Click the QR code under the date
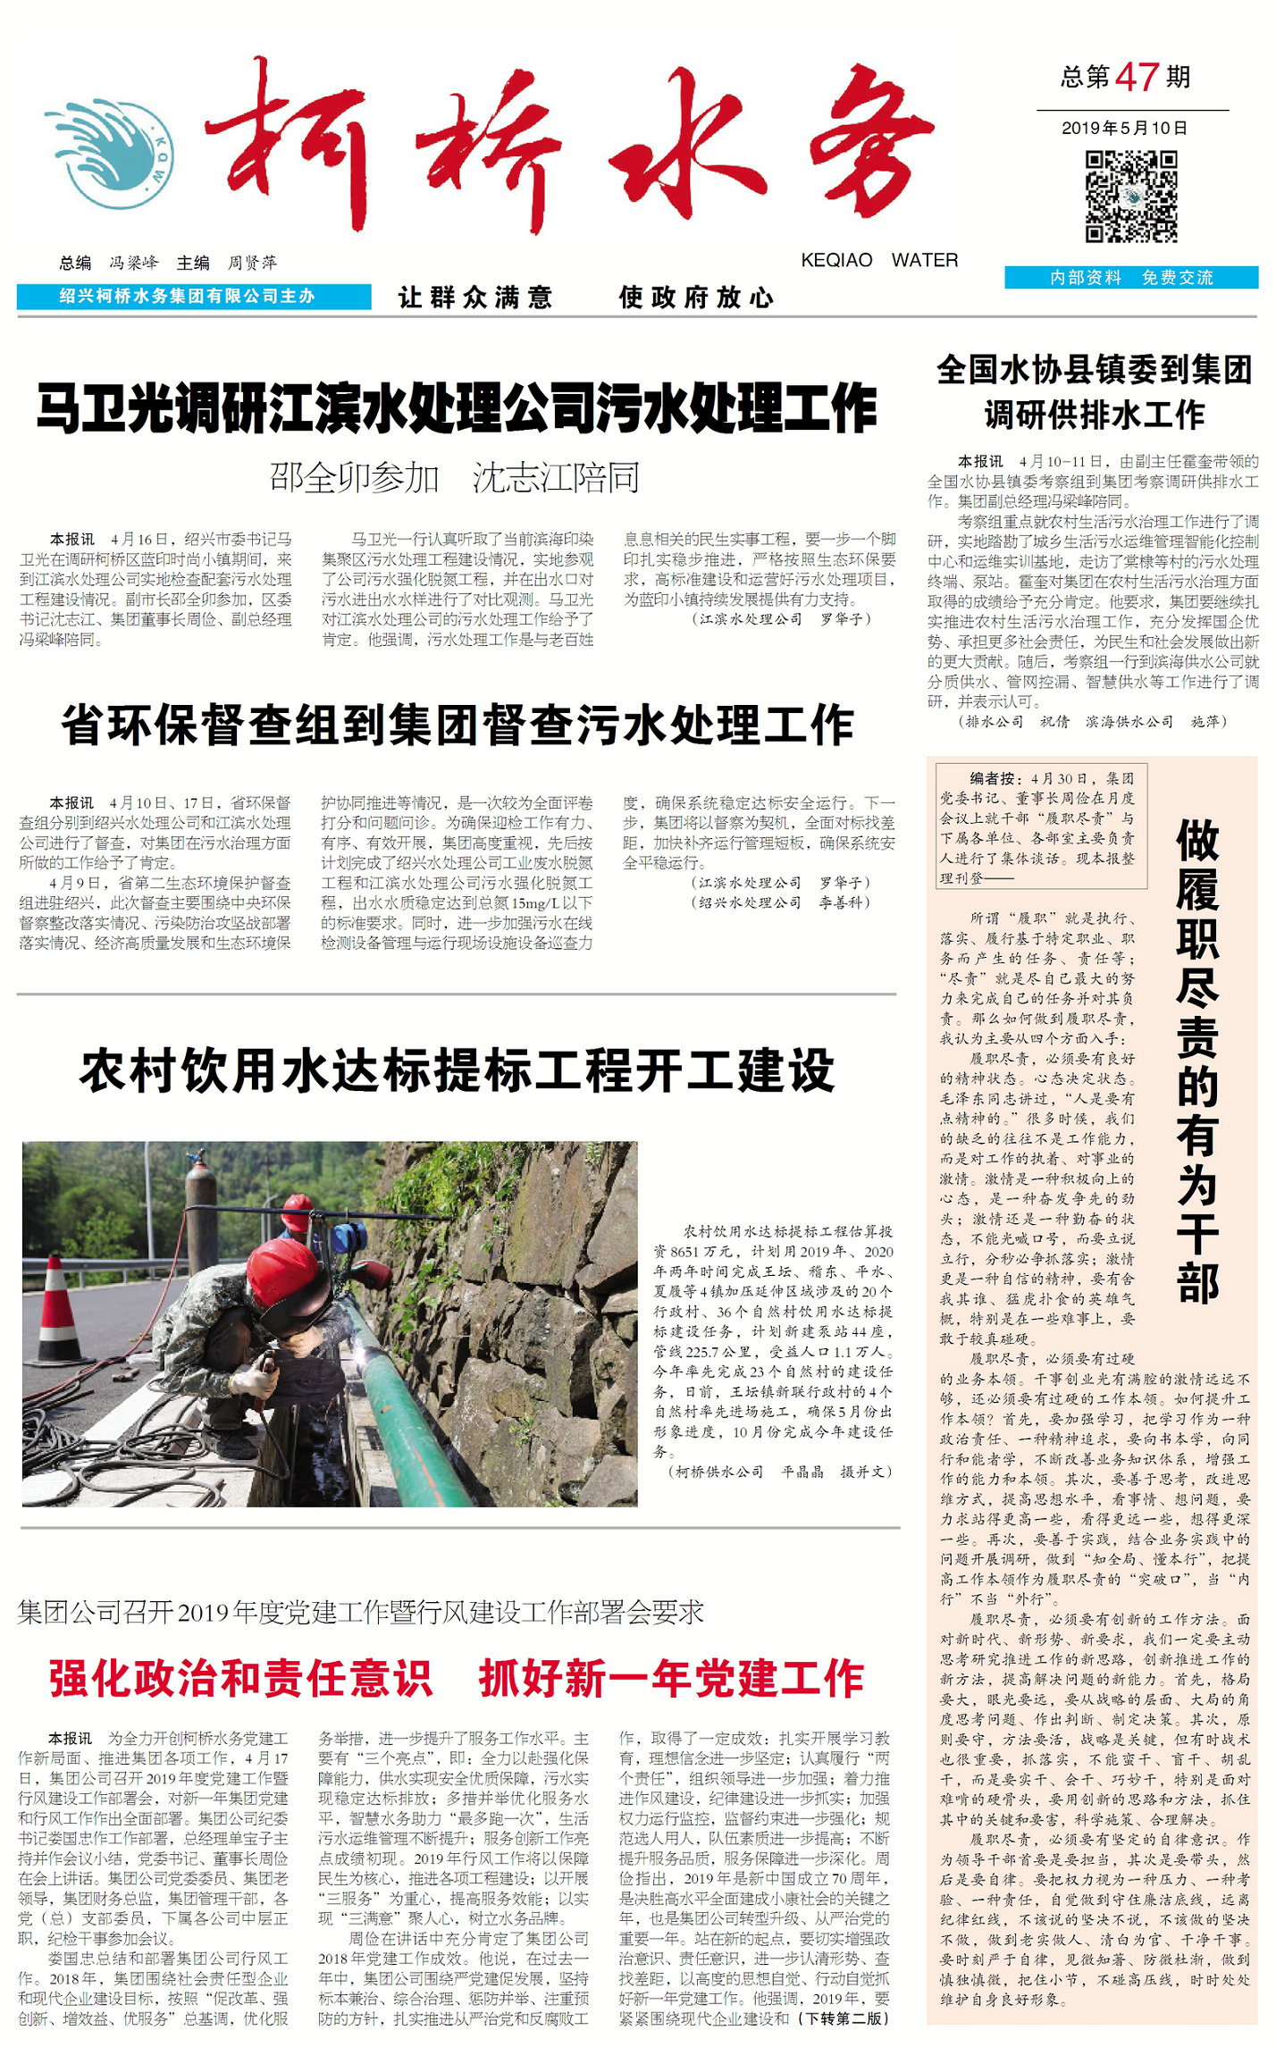(x=1130, y=197)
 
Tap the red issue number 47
(x=1137, y=78)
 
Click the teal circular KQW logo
(x=112, y=155)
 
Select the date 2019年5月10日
(x=1124, y=128)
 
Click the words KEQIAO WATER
(x=879, y=260)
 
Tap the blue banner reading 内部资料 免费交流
(x=1131, y=278)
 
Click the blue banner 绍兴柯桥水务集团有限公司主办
(x=193, y=297)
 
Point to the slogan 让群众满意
(x=475, y=298)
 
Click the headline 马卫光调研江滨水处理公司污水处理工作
(x=456, y=408)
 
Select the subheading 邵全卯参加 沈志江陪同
(x=455, y=478)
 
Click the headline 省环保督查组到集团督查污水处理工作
(x=457, y=725)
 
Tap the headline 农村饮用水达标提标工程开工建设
(x=457, y=1070)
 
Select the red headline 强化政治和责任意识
(x=240, y=1678)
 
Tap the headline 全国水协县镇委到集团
(x=1094, y=370)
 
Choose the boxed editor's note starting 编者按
(x=1040, y=825)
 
